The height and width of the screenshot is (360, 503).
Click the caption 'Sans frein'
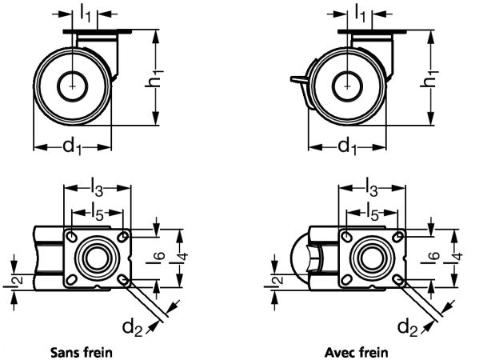coord(81,351)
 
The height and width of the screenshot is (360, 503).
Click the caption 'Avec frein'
coord(356,351)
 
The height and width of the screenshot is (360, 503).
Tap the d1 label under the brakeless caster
coord(72,146)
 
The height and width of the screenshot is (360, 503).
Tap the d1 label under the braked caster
coord(347,146)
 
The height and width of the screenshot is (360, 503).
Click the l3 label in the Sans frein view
coord(96,190)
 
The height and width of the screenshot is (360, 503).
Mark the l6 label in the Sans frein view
coord(159,256)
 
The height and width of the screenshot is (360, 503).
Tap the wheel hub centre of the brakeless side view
coord(74,82)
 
